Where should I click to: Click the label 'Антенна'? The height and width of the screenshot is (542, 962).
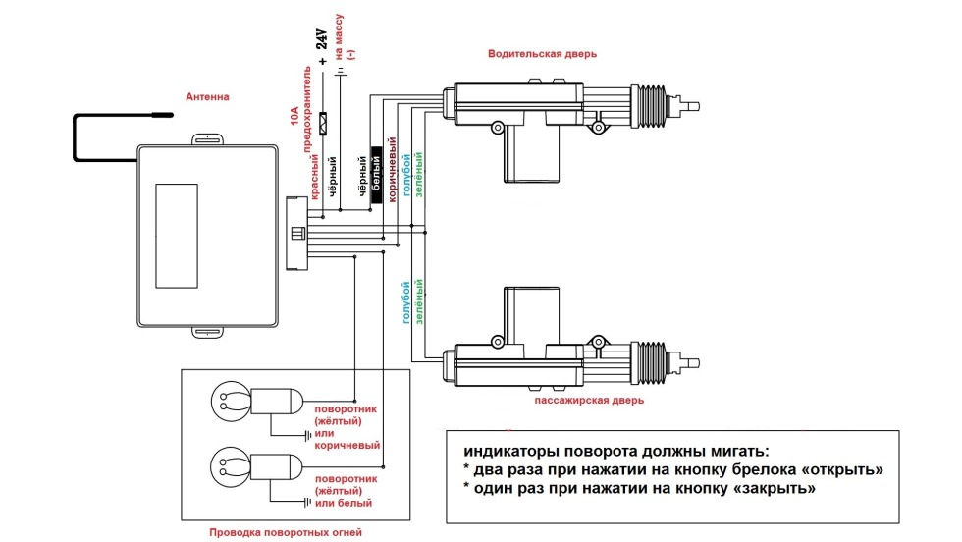208,97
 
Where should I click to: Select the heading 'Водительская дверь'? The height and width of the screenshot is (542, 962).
542,54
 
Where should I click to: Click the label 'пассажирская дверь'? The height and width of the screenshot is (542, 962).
589,401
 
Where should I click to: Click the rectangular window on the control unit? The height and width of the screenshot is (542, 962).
177,233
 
